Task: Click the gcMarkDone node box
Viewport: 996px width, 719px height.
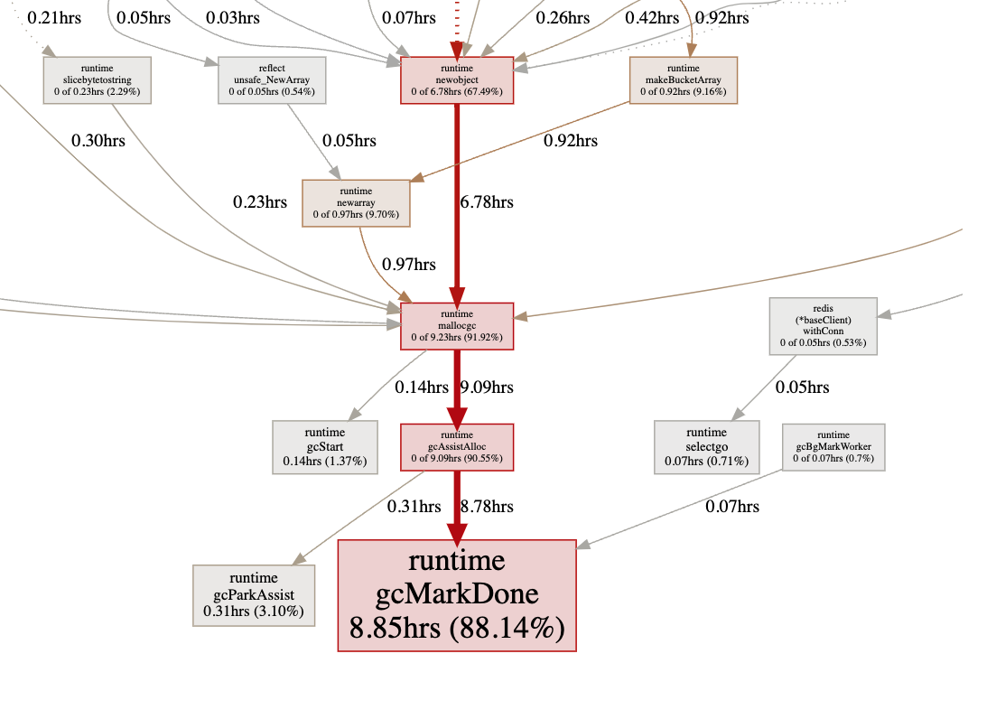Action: (x=457, y=594)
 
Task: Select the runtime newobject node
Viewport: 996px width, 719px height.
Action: (x=457, y=79)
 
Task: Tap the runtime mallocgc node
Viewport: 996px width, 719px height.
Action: (x=457, y=326)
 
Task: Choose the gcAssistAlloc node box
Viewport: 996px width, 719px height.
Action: (x=457, y=446)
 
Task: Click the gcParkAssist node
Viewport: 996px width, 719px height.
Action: (x=254, y=595)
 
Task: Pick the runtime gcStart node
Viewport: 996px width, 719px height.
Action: (x=324, y=446)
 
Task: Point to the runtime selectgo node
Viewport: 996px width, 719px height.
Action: (x=706, y=446)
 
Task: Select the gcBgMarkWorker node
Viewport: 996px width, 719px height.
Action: (x=833, y=446)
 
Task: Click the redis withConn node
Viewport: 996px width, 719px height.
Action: (x=823, y=326)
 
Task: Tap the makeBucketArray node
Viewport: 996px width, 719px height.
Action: (x=684, y=79)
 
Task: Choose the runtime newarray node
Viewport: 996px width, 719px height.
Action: (x=356, y=203)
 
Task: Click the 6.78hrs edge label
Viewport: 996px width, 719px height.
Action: (x=487, y=202)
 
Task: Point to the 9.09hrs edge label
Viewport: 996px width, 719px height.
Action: (x=487, y=388)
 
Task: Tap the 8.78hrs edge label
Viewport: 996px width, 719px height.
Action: (x=487, y=507)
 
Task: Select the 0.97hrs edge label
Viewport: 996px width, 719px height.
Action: (x=409, y=265)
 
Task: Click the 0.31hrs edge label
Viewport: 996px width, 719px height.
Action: (x=414, y=507)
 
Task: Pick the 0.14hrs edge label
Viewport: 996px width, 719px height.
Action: (x=422, y=388)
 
